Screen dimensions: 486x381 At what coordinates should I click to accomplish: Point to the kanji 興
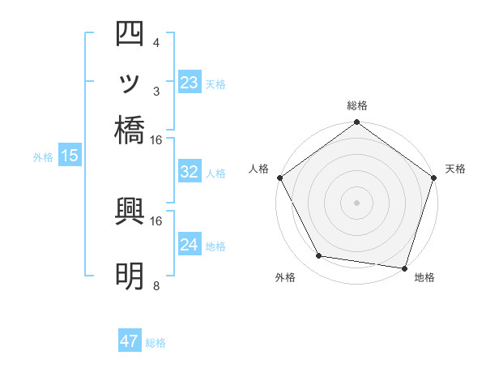pos(130,212)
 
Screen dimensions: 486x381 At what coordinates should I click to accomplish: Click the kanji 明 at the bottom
pos(130,276)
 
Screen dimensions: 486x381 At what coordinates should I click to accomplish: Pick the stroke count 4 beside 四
pos(156,42)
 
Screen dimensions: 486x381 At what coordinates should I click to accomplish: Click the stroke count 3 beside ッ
pos(156,90)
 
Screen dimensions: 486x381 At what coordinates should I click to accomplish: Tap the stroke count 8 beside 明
pos(156,285)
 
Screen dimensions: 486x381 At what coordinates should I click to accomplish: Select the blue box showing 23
pos(189,83)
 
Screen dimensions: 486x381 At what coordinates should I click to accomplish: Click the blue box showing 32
pos(189,172)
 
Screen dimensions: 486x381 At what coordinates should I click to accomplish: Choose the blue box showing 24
pos(189,245)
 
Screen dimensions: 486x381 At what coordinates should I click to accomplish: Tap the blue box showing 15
pos(69,156)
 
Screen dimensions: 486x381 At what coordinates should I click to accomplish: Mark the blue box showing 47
pos(130,341)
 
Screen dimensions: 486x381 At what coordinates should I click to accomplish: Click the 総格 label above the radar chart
pos(356,105)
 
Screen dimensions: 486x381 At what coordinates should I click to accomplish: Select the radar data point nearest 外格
pos(319,256)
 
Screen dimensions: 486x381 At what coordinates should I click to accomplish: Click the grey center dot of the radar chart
pos(356,203)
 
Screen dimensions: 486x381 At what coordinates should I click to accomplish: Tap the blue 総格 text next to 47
pos(156,343)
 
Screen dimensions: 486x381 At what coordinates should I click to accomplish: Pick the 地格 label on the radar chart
pos(424,278)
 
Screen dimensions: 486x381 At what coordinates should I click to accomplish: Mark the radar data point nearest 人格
pos(279,178)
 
